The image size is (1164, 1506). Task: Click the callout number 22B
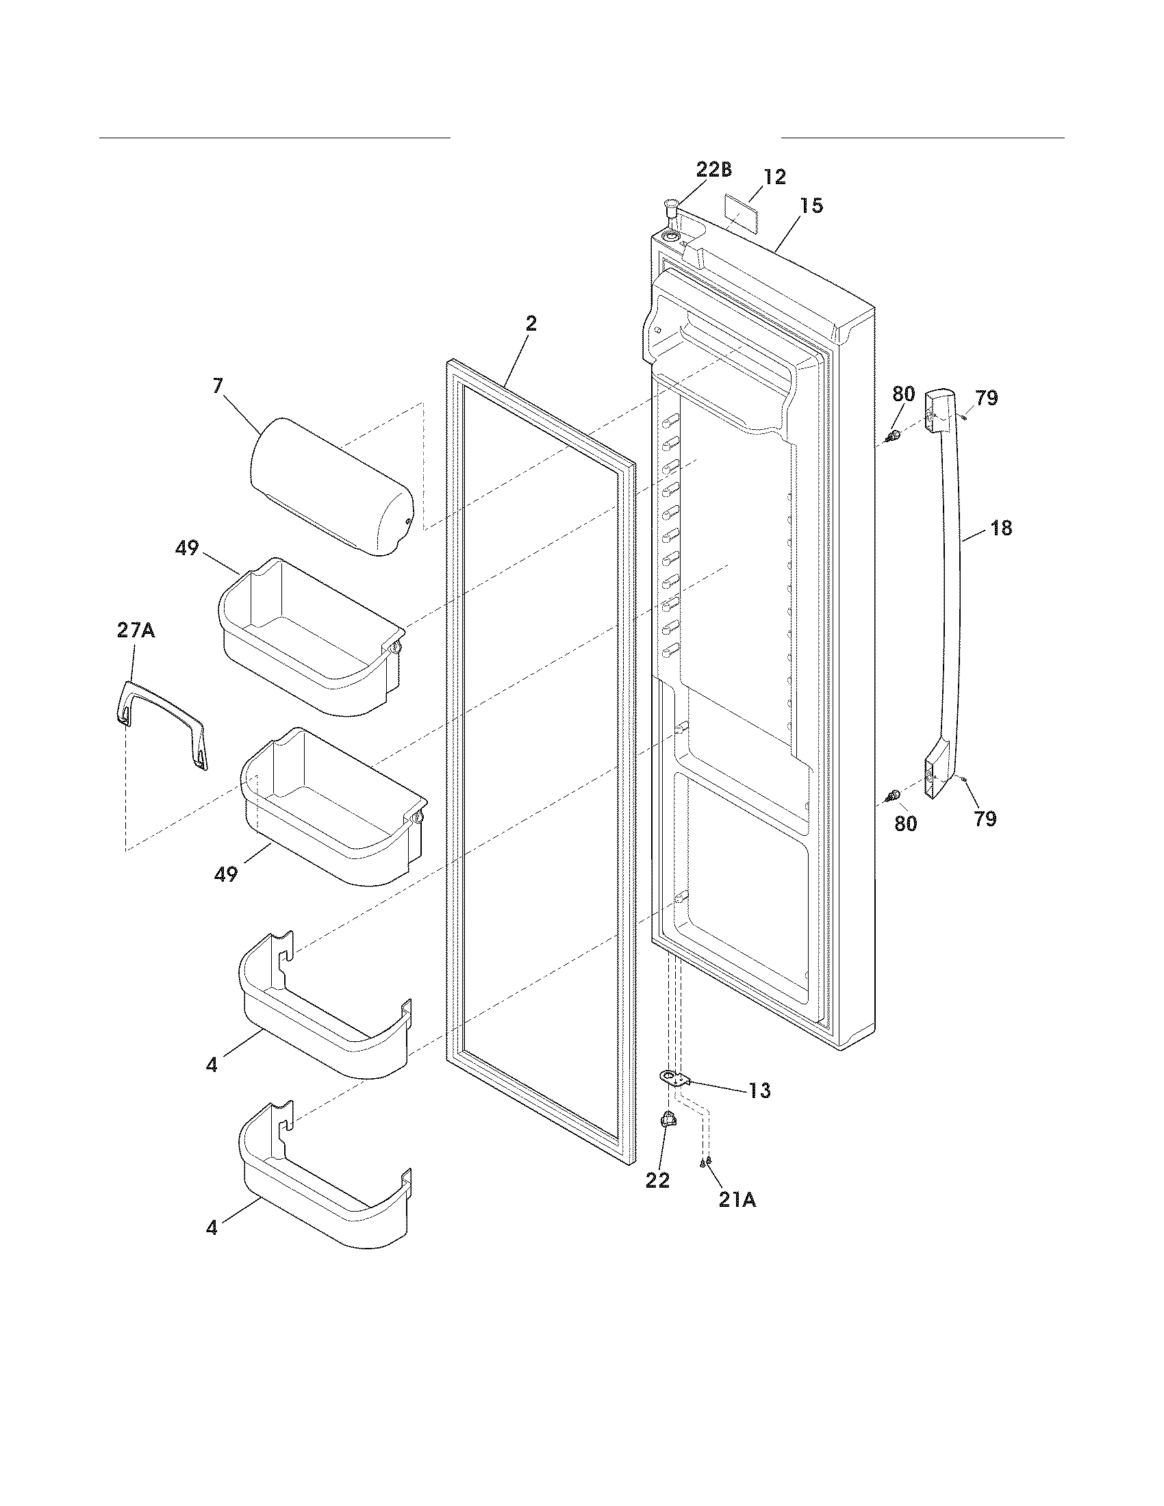point(713,169)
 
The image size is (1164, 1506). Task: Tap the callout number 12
point(775,177)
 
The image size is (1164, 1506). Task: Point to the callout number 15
point(811,205)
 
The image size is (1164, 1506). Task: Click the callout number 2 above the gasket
point(530,323)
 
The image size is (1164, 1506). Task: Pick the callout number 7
point(218,385)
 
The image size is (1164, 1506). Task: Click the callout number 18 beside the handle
point(1001,528)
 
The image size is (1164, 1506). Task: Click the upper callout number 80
point(903,394)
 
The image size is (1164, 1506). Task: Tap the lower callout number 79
point(985,819)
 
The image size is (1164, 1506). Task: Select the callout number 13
point(759,1091)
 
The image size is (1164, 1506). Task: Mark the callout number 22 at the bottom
point(657,1180)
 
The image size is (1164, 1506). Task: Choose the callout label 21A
point(737,1200)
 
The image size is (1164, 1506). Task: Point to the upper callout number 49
point(187,548)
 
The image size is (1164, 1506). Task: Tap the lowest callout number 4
point(212,1227)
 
